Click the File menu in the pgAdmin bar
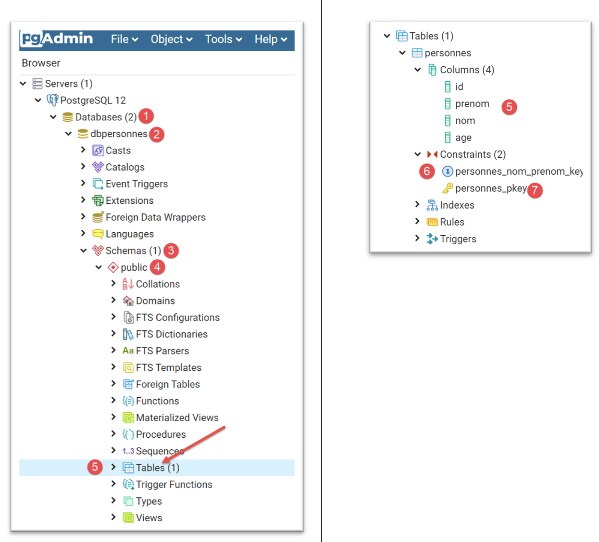[124, 39]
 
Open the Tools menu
[223, 39]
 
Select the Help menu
[271, 39]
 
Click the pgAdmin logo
[57, 39]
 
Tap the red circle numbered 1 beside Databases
[146, 116]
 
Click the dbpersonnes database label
[119, 134]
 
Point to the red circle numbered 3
[171, 251]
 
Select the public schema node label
[134, 267]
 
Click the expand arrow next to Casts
[83, 150]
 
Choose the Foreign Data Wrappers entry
[155, 217]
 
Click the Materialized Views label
[177, 417]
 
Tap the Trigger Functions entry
[174, 484]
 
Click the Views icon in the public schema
[128, 517]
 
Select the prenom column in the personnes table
[472, 104]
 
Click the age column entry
[463, 138]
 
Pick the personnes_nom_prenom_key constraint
[518, 171]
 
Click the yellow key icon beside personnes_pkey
[448, 188]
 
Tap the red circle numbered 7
[535, 190]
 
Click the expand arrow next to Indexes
[417, 204]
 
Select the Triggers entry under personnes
[458, 239]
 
